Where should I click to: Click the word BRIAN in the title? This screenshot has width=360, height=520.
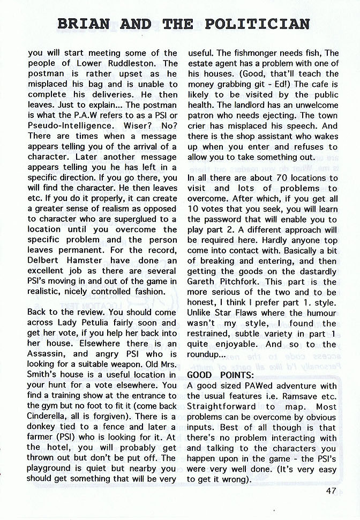83,24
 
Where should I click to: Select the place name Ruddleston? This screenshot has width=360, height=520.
146,63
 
